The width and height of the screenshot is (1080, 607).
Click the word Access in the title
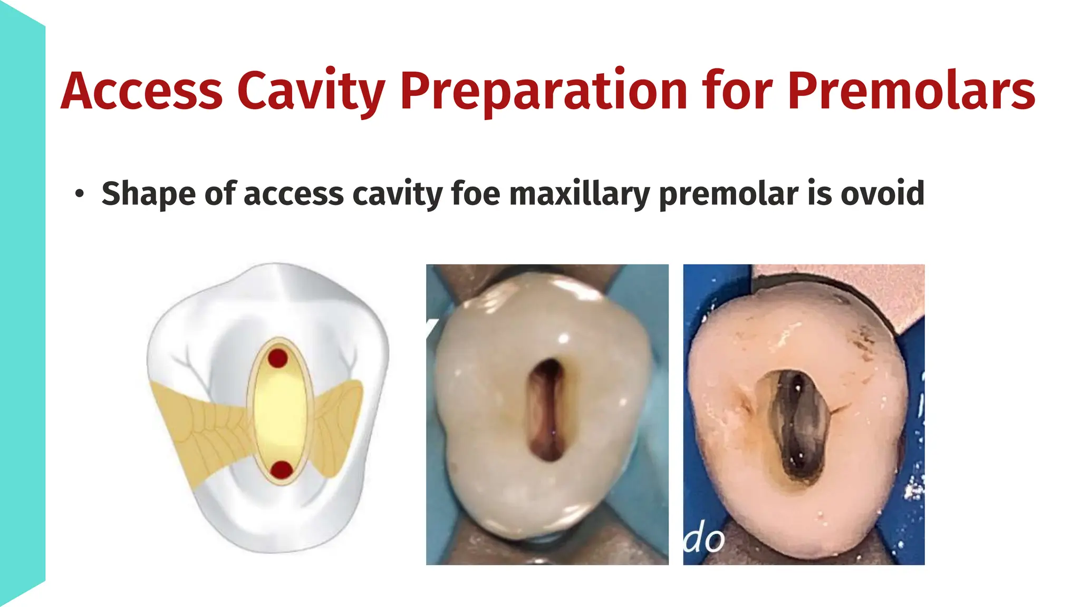coord(141,91)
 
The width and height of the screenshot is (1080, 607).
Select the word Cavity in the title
coord(311,91)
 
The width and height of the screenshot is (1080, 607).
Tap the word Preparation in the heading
coord(544,91)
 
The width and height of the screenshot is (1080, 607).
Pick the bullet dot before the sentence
coord(79,193)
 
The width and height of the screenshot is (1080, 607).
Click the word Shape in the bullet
coord(149,193)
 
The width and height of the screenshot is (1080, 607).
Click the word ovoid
coord(882,193)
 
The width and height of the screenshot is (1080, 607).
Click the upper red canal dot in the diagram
coord(278,358)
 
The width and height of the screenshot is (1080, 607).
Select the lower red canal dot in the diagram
coord(282,469)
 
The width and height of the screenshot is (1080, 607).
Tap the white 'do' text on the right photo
coord(704,540)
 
